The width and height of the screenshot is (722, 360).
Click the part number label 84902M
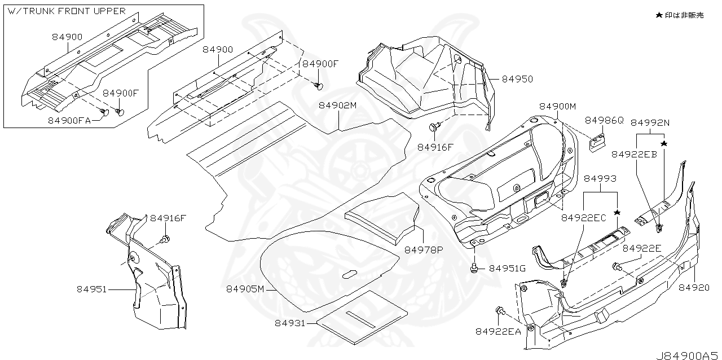[338, 106]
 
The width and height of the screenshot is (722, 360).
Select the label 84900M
[557, 107]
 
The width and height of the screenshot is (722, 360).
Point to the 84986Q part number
[604, 120]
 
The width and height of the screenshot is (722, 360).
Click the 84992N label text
[650, 122]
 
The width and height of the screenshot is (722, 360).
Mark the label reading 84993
[600, 178]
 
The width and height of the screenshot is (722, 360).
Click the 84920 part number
[693, 287]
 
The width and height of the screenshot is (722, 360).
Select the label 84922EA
[498, 332]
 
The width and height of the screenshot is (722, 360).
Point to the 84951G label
[507, 269]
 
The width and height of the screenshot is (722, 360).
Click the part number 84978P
[424, 249]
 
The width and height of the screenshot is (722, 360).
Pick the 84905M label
[245, 289]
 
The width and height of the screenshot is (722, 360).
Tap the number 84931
[290, 323]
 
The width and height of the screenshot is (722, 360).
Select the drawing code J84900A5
[688, 355]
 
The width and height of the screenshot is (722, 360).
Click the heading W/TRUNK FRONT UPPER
[67, 11]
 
